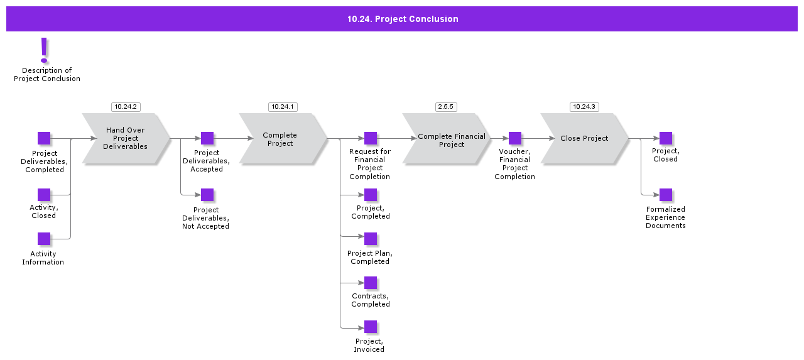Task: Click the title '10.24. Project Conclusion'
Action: coord(403,19)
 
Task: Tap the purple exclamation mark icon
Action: coord(44,50)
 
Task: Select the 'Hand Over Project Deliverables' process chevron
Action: coord(126,138)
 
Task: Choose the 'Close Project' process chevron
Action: coord(584,138)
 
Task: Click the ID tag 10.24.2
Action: coord(126,107)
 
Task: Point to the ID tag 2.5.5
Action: coord(446,107)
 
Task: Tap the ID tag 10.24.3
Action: coord(584,107)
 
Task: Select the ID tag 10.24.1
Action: coord(283,107)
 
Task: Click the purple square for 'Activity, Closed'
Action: coord(44,195)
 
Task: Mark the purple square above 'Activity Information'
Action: coord(44,239)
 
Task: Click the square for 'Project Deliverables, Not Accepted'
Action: coord(207,195)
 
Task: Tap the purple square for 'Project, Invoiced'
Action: coord(371,327)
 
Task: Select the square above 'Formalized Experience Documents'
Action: coord(666,195)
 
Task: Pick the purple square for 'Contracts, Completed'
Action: coord(371,283)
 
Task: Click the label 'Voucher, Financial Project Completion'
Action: coord(514,164)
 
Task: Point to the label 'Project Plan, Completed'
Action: coord(370,257)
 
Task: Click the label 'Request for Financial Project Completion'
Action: coord(370,164)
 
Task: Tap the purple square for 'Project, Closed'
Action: coord(666,138)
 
